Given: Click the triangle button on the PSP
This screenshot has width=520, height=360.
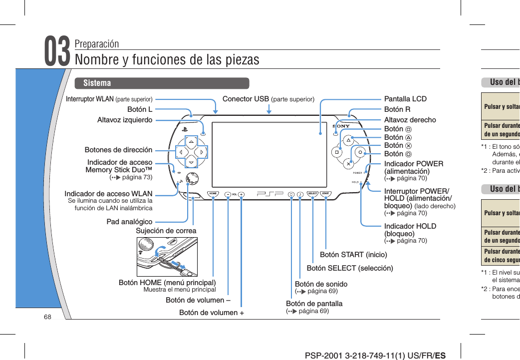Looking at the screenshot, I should pyautogui.click(x=348, y=140).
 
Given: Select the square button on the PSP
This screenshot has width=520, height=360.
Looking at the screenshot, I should pyautogui.click(x=337, y=151).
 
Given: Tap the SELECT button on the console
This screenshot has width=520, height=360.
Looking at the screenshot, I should pyautogui.click(x=313, y=194).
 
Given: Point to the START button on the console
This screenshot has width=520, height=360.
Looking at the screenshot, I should pyautogui.click(x=325, y=194).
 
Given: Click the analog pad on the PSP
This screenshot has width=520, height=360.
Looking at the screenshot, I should pyautogui.click(x=192, y=179).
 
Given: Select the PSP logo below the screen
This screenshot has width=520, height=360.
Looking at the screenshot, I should pyautogui.click(x=269, y=194).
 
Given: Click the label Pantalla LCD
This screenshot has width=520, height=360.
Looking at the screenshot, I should pyautogui.click(x=405, y=99).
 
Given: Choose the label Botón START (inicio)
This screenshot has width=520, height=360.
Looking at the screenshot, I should pyautogui.click(x=353, y=255).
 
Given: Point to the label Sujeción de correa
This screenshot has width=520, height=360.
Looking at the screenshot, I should pyautogui.click(x=166, y=231).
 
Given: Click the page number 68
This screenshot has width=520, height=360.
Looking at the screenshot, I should pyautogui.click(x=47, y=318).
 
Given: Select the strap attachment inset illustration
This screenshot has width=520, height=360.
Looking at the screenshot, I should pyautogui.click(x=167, y=257).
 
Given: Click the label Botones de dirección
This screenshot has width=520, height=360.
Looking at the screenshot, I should pyautogui.click(x=118, y=150).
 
